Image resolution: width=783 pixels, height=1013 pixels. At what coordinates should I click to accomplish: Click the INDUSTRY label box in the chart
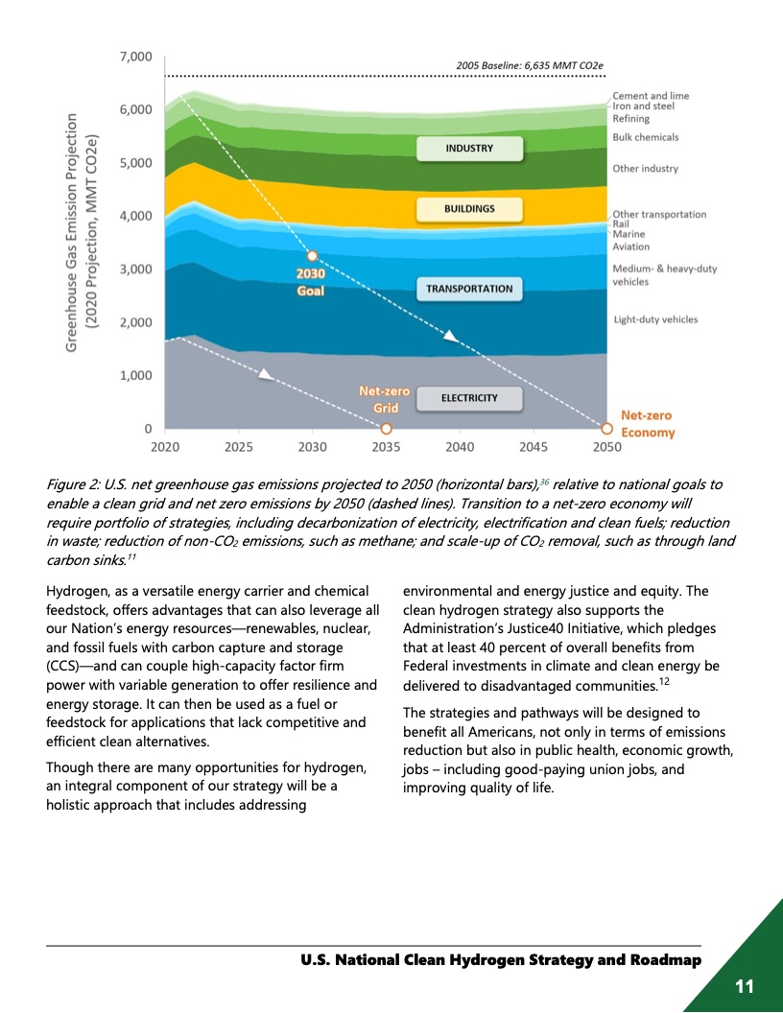point(469,149)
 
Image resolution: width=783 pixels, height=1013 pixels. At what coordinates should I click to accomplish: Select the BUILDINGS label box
point(469,208)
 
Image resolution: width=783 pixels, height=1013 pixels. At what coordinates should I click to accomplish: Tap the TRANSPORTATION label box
point(469,289)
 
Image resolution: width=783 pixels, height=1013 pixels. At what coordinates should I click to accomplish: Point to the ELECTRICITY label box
point(469,397)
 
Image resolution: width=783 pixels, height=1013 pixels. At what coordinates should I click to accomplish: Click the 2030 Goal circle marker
point(312,256)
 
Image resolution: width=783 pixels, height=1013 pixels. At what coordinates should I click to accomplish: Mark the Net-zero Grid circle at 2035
point(386,429)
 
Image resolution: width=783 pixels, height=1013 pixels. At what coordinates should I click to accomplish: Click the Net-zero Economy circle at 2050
point(606,429)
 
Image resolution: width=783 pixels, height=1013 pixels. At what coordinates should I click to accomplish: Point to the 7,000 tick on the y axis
point(135,57)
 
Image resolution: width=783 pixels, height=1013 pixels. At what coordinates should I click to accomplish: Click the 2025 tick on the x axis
point(239,447)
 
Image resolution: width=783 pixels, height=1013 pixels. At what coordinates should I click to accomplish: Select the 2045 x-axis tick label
point(534,447)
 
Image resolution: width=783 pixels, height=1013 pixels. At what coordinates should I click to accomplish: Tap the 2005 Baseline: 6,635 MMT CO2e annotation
point(532,65)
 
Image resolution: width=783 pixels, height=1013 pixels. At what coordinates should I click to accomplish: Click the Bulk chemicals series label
point(645,137)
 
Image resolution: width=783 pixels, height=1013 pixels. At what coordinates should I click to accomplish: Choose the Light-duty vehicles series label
point(655,319)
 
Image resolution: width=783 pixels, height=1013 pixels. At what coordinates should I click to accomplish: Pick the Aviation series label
point(630,247)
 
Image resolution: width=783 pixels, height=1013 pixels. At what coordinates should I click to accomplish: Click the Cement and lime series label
point(651,96)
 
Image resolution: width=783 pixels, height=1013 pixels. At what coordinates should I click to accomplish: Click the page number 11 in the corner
point(746,986)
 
